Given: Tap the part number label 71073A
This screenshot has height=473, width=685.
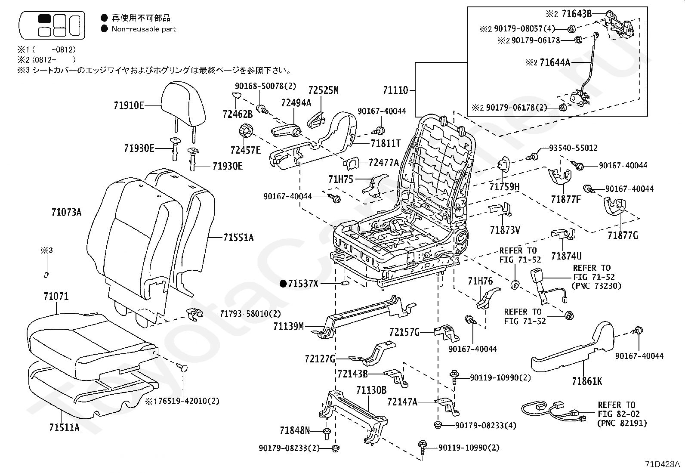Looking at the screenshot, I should click(66, 212).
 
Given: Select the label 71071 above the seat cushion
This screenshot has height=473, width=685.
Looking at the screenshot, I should click(56, 297).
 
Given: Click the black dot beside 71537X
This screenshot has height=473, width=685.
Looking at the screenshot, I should click(283, 283).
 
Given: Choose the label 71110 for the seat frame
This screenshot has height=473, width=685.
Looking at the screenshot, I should click(395, 90).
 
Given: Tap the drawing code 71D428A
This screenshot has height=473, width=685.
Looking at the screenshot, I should click(663, 464).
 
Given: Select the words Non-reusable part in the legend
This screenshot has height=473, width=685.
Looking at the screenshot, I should click(144, 29).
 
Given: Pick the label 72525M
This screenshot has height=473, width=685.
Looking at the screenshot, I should click(323, 90).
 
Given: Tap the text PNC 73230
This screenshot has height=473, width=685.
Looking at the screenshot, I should click(596, 286).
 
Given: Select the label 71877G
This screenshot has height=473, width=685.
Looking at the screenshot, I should click(623, 235).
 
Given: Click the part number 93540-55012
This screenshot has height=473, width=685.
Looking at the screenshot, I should click(573, 148).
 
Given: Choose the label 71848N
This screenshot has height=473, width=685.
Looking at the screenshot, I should click(295, 430).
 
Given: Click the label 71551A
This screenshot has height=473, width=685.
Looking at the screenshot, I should click(238, 237).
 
